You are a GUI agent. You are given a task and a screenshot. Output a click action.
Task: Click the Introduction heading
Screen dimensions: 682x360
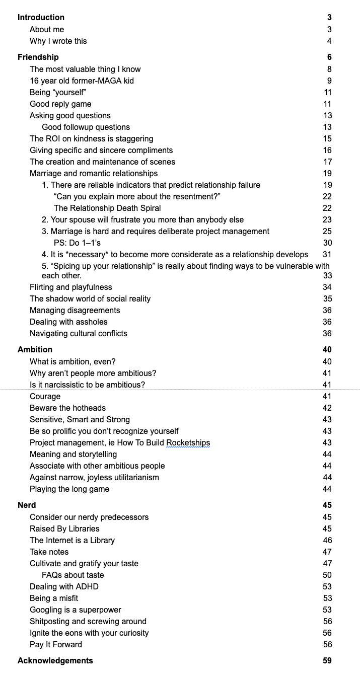coord(41,18)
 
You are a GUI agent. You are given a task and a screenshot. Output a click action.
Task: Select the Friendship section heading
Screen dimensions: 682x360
coord(38,57)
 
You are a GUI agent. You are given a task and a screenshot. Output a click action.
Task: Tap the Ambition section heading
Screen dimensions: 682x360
coord(35,350)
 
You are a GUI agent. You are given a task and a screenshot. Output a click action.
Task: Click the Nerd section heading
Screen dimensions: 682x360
coord(27,505)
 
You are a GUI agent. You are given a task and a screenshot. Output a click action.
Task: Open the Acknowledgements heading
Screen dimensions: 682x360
coord(55,661)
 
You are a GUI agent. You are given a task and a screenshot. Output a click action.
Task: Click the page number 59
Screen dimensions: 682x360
coord(327,661)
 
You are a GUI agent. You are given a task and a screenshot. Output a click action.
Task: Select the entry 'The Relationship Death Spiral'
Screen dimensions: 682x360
coord(107,208)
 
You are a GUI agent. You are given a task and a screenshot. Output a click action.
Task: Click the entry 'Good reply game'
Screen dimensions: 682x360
coord(60,104)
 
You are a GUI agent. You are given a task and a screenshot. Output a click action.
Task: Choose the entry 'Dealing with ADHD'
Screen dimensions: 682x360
coord(64,587)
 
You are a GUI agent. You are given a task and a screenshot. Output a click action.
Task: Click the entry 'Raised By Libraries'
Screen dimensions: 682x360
coord(64,529)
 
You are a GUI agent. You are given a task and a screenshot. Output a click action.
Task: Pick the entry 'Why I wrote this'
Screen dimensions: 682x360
coord(58,41)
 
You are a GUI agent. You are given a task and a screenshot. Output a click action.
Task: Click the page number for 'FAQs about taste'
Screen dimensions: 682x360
coord(327,575)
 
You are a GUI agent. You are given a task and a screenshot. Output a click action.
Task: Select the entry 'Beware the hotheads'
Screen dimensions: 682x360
coord(67,408)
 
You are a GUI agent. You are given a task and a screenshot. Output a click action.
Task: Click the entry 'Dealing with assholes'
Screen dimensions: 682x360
coord(68,322)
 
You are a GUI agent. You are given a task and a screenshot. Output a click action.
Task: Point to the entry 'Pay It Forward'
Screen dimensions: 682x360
coord(55,645)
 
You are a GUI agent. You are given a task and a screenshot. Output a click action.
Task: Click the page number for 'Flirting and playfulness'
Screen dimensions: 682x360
coord(327,287)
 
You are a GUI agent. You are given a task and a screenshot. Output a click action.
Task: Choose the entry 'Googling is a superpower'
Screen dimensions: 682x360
coord(75,610)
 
